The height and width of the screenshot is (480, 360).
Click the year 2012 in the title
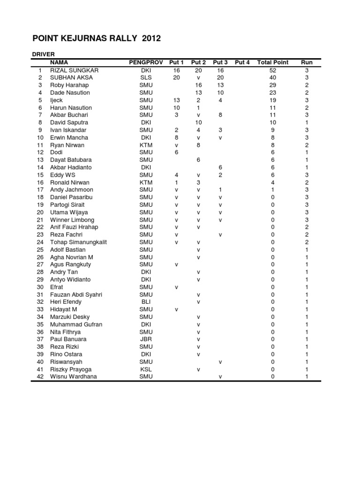[x=150, y=38]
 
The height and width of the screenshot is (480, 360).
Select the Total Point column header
[x=273, y=62]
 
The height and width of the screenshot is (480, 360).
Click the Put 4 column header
[x=242, y=62]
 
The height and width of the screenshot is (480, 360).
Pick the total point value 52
[x=273, y=70]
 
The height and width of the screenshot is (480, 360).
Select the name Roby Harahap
[x=69, y=85]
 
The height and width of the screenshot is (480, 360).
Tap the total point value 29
[x=273, y=85]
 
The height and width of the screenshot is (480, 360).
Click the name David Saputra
[x=69, y=122]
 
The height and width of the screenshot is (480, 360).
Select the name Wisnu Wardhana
[x=74, y=376]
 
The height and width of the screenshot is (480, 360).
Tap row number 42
[x=40, y=376]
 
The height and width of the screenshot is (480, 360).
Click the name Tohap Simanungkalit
[x=79, y=242]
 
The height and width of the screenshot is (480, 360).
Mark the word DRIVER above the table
[x=43, y=54]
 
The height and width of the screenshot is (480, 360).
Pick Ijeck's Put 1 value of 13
[x=177, y=100]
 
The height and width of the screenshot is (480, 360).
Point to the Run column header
[x=307, y=62]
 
